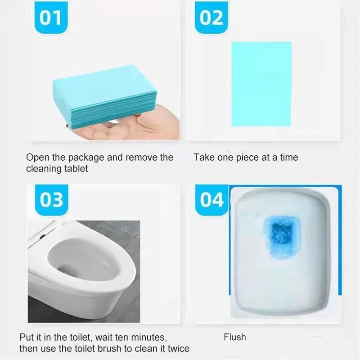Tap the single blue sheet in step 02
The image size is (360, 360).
pyautogui.click(x=261, y=84)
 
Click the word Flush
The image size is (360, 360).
pyautogui.click(x=235, y=337)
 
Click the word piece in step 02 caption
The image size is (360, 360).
pyautogui.click(x=247, y=157)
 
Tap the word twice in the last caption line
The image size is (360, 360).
pyautogui.click(x=178, y=349)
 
